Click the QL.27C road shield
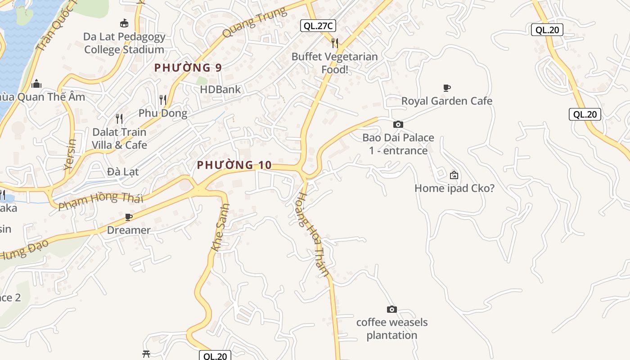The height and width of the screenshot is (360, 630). click(x=318, y=26)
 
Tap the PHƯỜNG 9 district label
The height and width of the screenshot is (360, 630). click(x=188, y=68)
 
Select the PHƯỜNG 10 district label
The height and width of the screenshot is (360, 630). click(x=234, y=165)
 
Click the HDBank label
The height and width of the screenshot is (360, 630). click(x=220, y=90)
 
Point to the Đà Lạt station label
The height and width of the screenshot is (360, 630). click(x=123, y=171)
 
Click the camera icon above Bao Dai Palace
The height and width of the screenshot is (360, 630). click(x=398, y=124)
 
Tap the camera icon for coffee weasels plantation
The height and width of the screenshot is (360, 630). click(x=392, y=309)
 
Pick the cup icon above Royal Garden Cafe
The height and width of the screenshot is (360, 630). click(x=447, y=88)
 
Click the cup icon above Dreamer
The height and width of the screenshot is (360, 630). click(x=129, y=217)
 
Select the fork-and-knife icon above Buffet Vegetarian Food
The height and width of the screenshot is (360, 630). click(x=335, y=43)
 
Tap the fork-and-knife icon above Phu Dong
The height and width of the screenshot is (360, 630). click(x=163, y=99)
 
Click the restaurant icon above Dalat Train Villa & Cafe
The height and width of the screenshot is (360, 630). click(x=119, y=119)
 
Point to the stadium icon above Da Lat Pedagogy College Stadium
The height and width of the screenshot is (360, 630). click(x=124, y=23)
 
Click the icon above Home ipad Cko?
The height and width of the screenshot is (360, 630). click(x=454, y=175)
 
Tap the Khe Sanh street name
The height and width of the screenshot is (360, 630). click(x=220, y=228)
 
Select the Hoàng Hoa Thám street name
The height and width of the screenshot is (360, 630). click(x=314, y=234)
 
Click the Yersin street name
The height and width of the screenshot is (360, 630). click(x=71, y=154)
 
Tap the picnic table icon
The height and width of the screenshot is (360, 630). click(x=146, y=354)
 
